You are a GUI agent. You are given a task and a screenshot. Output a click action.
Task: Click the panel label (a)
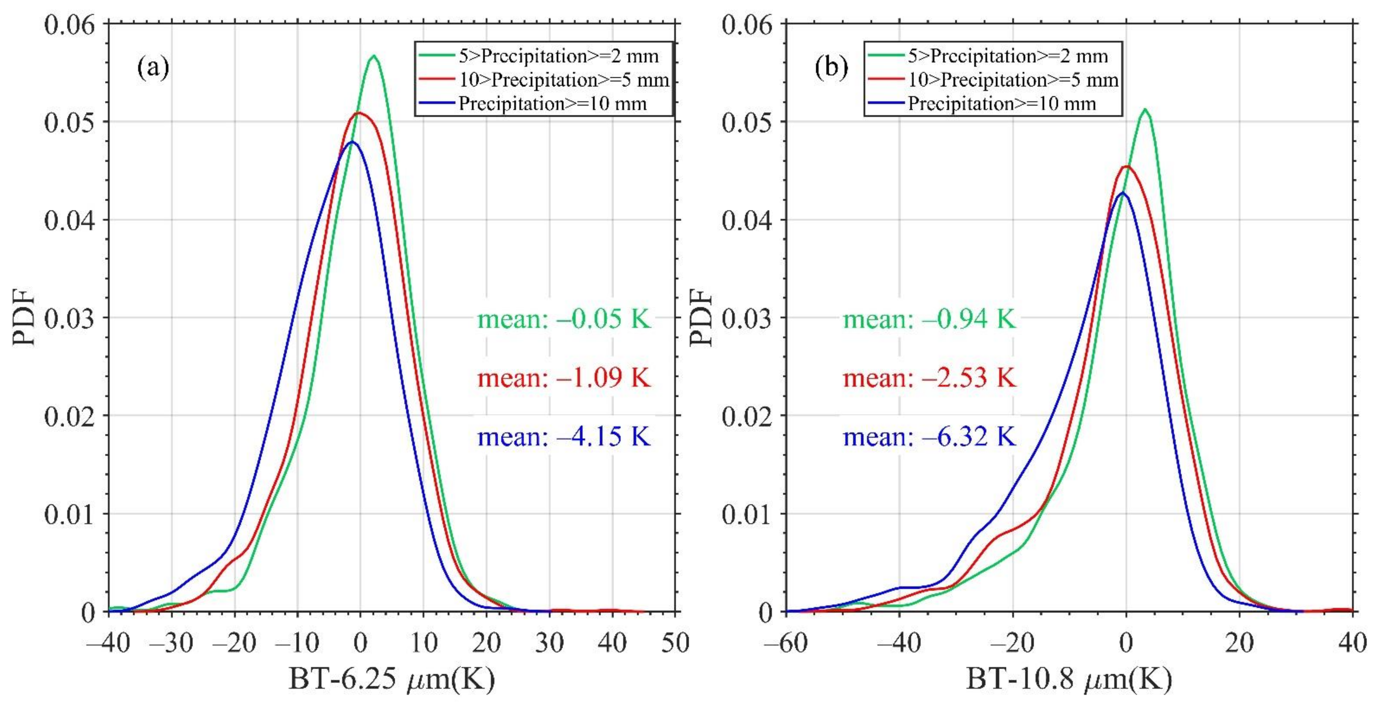click(x=153, y=68)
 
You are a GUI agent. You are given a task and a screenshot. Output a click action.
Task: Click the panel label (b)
click(x=831, y=68)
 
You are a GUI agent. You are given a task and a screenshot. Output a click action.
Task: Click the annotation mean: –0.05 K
click(x=564, y=319)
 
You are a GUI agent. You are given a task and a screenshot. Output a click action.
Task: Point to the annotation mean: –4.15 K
click(x=564, y=436)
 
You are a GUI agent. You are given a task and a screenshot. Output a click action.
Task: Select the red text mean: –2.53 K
click(x=929, y=378)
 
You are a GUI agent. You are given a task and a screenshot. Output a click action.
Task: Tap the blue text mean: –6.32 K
click(x=929, y=436)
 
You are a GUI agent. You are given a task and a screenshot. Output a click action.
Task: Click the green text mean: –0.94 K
click(x=929, y=319)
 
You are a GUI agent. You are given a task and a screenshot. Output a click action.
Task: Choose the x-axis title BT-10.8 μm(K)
click(x=1069, y=679)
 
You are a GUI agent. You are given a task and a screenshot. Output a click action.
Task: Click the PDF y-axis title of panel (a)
click(x=24, y=317)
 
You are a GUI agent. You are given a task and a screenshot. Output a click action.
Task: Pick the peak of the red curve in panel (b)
click(x=1127, y=166)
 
